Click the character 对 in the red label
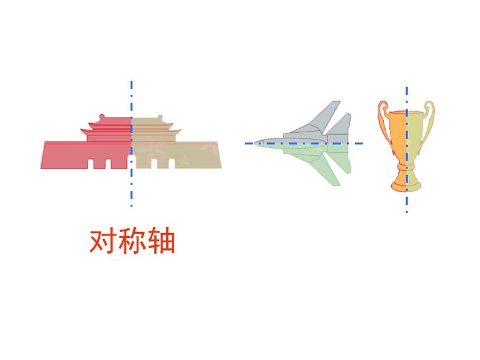tap(102, 242)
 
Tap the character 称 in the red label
tap(132, 242)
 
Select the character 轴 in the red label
tap(161, 242)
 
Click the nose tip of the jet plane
tap(255, 143)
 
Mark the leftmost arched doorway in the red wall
tap(91, 163)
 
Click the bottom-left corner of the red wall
tap(42, 168)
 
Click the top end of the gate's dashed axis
tap(131, 81)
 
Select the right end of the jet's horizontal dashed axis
tap(362, 143)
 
